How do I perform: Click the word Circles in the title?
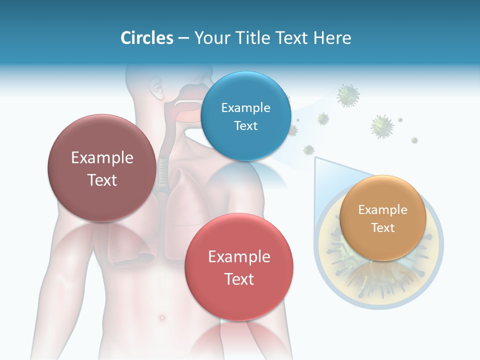pyautogui.click(x=146, y=38)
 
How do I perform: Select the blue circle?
pyautogui.click(x=245, y=116)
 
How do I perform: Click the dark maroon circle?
pyautogui.click(x=102, y=168)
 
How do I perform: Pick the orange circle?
pyautogui.click(x=382, y=218)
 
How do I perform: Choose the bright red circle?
pyautogui.click(x=239, y=267)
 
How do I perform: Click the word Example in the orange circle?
pyautogui.click(x=382, y=210)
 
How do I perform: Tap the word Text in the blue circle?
pyautogui.click(x=245, y=126)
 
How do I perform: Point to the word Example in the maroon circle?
pyautogui.click(x=102, y=158)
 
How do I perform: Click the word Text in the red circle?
pyautogui.click(x=239, y=279)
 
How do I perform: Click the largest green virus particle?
pyautogui.click(x=382, y=126)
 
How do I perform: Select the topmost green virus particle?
pyautogui.click(x=348, y=95)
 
